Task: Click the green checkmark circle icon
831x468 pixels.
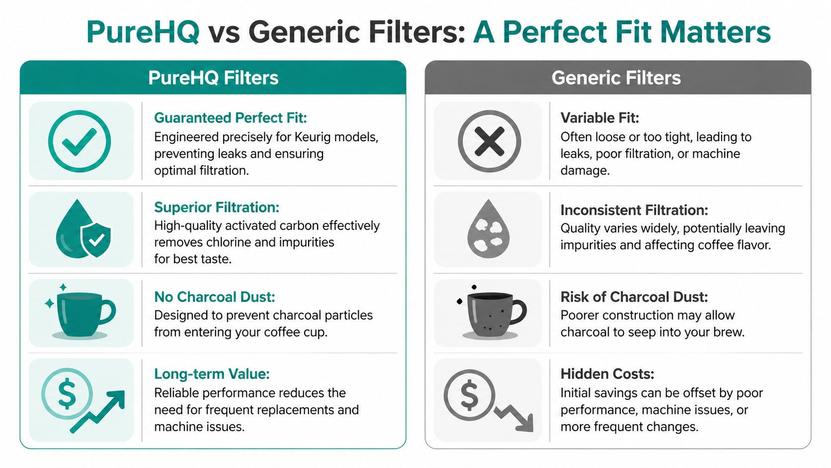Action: pos(80,141)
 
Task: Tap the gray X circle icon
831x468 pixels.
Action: pos(489,141)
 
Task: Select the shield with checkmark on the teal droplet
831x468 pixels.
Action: pos(96,240)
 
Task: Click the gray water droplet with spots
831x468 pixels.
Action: pos(489,230)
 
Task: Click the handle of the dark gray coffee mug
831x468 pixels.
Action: pos(518,312)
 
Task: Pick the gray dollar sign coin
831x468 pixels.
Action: pos(469,395)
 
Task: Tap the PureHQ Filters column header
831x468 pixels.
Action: pos(213,78)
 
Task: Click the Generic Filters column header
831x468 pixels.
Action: pos(616,78)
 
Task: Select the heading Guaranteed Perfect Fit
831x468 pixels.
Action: pos(230,118)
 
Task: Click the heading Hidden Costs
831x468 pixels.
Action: pos(607,374)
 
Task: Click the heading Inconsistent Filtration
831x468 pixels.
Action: pos(634,210)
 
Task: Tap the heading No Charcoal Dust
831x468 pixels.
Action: pos(214,297)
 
